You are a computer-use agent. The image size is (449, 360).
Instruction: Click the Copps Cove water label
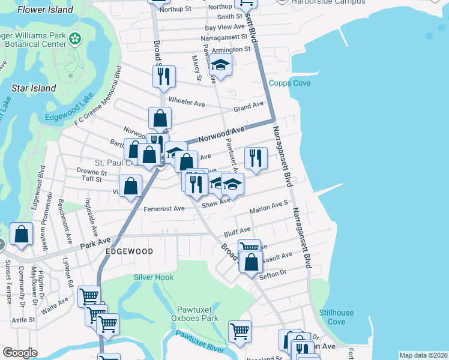[x=289, y=83]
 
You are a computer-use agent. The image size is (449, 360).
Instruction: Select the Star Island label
[x=34, y=88]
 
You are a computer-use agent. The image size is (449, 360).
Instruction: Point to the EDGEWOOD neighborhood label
[x=129, y=251]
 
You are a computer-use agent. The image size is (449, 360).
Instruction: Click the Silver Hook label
[x=154, y=277]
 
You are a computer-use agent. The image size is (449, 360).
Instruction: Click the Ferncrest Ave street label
[x=164, y=209]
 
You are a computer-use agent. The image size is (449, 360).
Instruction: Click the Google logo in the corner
[x=20, y=353]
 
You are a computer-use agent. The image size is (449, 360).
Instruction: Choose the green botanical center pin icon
[x=75, y=39]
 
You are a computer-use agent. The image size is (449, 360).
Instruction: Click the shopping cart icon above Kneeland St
[x=240, y=331]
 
